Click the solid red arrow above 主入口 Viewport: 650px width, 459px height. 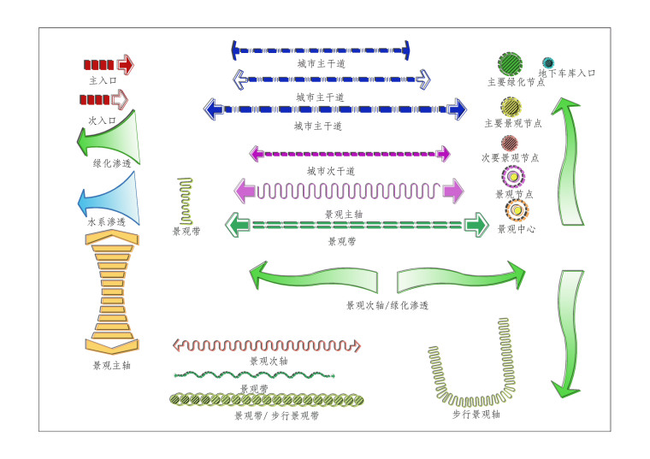109,64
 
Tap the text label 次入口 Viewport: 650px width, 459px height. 103,121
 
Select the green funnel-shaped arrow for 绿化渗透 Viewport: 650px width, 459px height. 111,137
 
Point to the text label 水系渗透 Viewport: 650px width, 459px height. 107,221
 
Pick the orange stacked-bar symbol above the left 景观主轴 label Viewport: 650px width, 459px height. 111,291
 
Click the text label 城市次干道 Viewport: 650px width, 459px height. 331,171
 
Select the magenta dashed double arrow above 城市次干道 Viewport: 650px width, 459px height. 349,154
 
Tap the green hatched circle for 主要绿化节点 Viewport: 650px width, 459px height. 511,63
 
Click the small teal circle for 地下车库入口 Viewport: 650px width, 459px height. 548,62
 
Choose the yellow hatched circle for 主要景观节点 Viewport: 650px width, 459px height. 511,107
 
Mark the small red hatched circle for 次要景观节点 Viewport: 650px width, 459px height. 510,142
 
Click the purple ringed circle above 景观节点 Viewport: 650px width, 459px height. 513,177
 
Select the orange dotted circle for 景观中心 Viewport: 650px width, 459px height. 517,209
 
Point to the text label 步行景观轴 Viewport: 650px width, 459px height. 476,414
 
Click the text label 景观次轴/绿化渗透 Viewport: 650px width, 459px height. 387,305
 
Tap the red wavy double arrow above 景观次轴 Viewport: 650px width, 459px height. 267,345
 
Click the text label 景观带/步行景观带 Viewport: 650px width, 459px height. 276,415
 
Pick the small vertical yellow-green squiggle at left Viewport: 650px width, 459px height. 186,201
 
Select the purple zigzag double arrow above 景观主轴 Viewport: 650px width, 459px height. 349,191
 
